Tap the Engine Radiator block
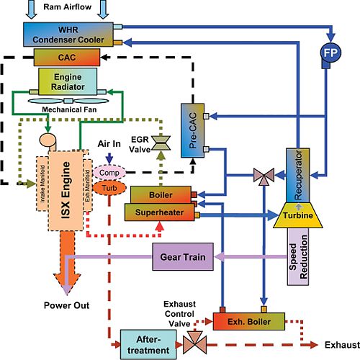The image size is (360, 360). click(68, 79)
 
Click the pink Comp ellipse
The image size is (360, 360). click(109, 173)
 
